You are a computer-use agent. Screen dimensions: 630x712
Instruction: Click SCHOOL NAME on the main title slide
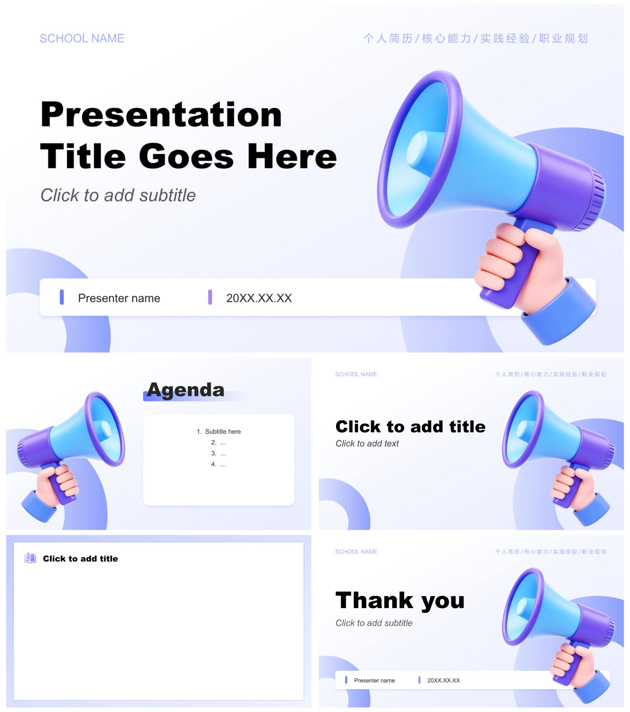82,38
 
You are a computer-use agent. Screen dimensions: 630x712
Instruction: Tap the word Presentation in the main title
161,114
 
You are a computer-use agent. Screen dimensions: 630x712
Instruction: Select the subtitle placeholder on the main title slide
118,195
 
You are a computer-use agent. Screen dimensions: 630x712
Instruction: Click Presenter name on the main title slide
119,298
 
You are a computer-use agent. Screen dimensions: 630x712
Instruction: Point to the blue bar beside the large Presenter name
62,297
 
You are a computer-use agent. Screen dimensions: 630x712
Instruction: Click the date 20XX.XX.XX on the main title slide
259,298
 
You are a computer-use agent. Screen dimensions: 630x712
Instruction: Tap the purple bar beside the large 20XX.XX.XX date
210,297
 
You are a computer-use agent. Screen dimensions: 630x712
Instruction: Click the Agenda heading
185,390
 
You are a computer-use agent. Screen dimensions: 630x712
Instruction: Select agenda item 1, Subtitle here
219,432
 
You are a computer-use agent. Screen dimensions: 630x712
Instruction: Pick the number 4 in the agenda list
214,464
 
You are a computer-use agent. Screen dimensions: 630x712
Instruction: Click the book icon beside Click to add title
30,558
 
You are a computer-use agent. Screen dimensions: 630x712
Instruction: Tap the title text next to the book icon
80,559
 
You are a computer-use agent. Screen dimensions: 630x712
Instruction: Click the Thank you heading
400,601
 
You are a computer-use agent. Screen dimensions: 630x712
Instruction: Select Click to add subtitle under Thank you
374,623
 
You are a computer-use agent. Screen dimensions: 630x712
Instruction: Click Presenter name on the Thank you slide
374,681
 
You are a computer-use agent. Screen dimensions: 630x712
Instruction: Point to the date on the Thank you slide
444,681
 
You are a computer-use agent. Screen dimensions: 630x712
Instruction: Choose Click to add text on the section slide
367,444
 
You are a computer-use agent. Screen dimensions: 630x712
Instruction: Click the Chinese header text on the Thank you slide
551,552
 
